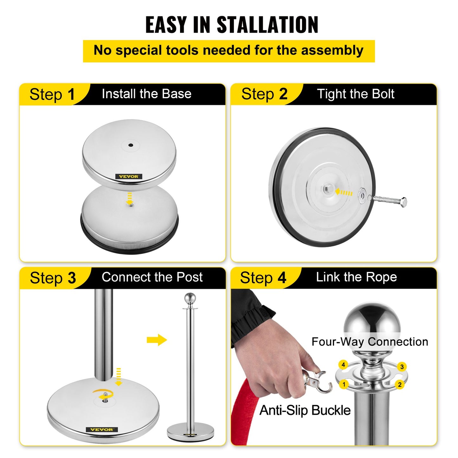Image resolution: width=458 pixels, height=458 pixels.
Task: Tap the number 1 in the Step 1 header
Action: pyautogui.click(x=71, y=94)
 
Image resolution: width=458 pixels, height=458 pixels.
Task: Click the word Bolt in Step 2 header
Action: pyautogui.click(x=383, y=94)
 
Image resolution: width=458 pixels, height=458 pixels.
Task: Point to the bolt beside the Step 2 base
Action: pyautogui.click(x=389, y=201)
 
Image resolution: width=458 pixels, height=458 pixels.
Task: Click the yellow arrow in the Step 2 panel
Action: pyautogui.click(x=344, y=192)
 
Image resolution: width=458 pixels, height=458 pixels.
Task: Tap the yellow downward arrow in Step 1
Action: pyautogui.click(x=129, y=198)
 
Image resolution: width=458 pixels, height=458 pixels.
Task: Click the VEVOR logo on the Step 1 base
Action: pyautogui.click(x=129, y=177)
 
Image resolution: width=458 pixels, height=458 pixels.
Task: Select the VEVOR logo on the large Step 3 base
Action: pyautogui.click(x=102, y=429)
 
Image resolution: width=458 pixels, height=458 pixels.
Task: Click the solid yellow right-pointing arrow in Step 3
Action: pyautogui.click(x=157, y=340)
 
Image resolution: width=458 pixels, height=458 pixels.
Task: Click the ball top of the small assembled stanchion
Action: pyautogui.click(x=190, y=299)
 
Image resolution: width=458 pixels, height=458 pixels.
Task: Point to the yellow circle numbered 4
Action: pyautogui.click(x=343, y=364)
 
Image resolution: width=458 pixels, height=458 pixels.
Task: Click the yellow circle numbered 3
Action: pyautogui.click(x=402, y=367)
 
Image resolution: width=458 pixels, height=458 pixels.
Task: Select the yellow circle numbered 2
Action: pyautogui.click(x=400, y=384)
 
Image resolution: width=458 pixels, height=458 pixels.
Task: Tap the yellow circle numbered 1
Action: pyautogui.click(x=344, y=384)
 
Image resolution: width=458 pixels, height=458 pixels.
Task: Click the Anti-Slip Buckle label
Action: pyautogui.click(x=305, y=410)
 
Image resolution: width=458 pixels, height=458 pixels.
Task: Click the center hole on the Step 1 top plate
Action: pyautogui.click(x=130, y=145)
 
